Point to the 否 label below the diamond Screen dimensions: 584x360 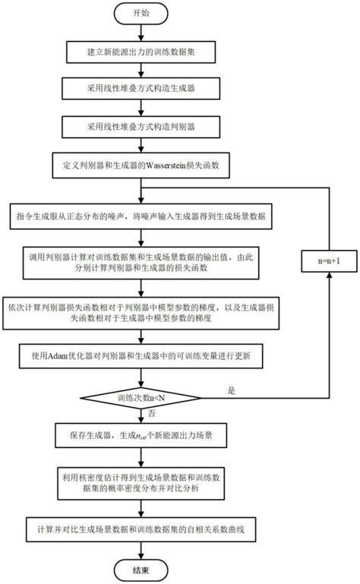pos(152,413)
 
